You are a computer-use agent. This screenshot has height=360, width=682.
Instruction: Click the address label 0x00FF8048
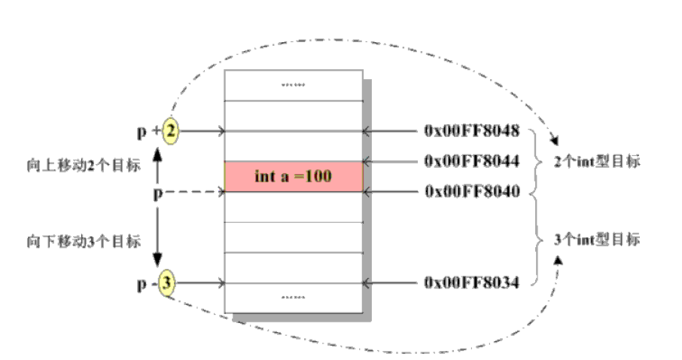[x=472, y=131]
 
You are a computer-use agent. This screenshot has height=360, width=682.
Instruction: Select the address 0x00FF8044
[x=472, y=160]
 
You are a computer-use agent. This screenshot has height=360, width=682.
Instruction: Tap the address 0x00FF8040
[x=472, y=191]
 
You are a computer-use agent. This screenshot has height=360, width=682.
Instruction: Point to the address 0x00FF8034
[x=472, y=282]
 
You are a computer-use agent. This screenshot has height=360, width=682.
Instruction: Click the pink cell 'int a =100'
[x=294, y=176]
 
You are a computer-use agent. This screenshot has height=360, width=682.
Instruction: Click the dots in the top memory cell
[x=294, y=85]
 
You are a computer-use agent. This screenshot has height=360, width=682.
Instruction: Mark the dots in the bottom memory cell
[x=294, y=297]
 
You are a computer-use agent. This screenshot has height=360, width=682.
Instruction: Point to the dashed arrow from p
[x=196, y=192]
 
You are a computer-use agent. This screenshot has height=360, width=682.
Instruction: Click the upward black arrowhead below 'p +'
[x=158, y=154]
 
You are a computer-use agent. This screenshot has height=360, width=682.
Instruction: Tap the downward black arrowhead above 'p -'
[x=158, y=260]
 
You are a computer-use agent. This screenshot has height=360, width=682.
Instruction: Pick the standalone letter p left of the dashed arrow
[x=157, y=193]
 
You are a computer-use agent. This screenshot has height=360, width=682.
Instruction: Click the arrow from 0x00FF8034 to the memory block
[x=391, y=282]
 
